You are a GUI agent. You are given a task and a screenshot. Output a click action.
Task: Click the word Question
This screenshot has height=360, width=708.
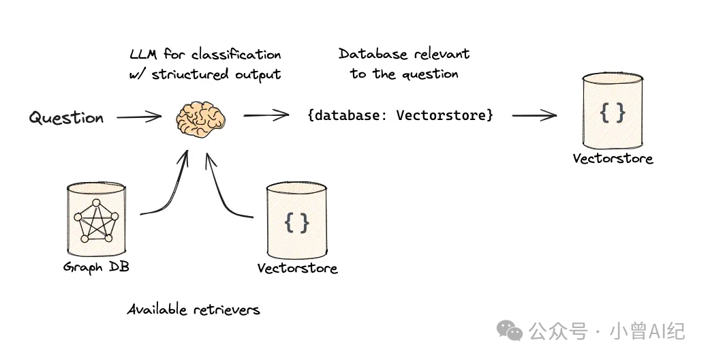click(x=66, y=118)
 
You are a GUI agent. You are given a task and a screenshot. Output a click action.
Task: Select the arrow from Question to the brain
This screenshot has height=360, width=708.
click(x=138, y=117)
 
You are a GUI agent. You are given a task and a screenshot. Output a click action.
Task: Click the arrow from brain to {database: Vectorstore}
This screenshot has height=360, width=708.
click(x=266, y=115)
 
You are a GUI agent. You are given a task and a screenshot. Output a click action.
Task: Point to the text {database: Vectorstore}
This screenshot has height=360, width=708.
click(x=400, y=115)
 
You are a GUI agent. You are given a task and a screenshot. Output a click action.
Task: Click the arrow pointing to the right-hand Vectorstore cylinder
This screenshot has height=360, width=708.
click(x=534, y=115)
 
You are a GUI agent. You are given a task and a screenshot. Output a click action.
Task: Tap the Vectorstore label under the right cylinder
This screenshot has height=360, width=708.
click(x=613, y=159)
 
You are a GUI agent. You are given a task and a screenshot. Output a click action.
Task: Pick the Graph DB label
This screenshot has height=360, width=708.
click(x=96, y=267)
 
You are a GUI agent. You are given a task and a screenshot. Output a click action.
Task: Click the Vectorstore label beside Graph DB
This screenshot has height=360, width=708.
click(x=297, y=268)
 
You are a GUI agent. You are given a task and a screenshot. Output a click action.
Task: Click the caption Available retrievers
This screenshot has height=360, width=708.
click(x=194, y=310)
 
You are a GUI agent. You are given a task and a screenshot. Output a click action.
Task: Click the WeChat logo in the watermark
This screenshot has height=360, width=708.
click(x=510, y=331)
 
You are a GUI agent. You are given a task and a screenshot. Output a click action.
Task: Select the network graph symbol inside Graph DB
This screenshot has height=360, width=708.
click(x=96, y=220)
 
